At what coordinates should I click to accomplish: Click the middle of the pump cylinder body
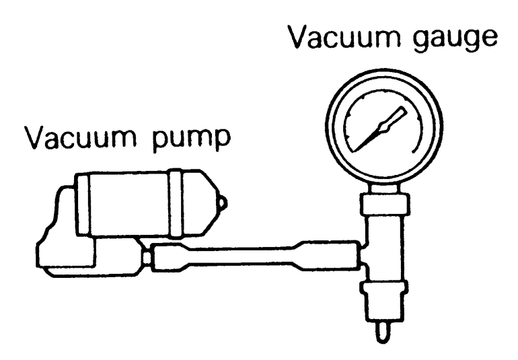pyautogui.click(x=128, y=204)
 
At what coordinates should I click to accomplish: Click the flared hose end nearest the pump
pyautogui.click(x=168, y=258)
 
